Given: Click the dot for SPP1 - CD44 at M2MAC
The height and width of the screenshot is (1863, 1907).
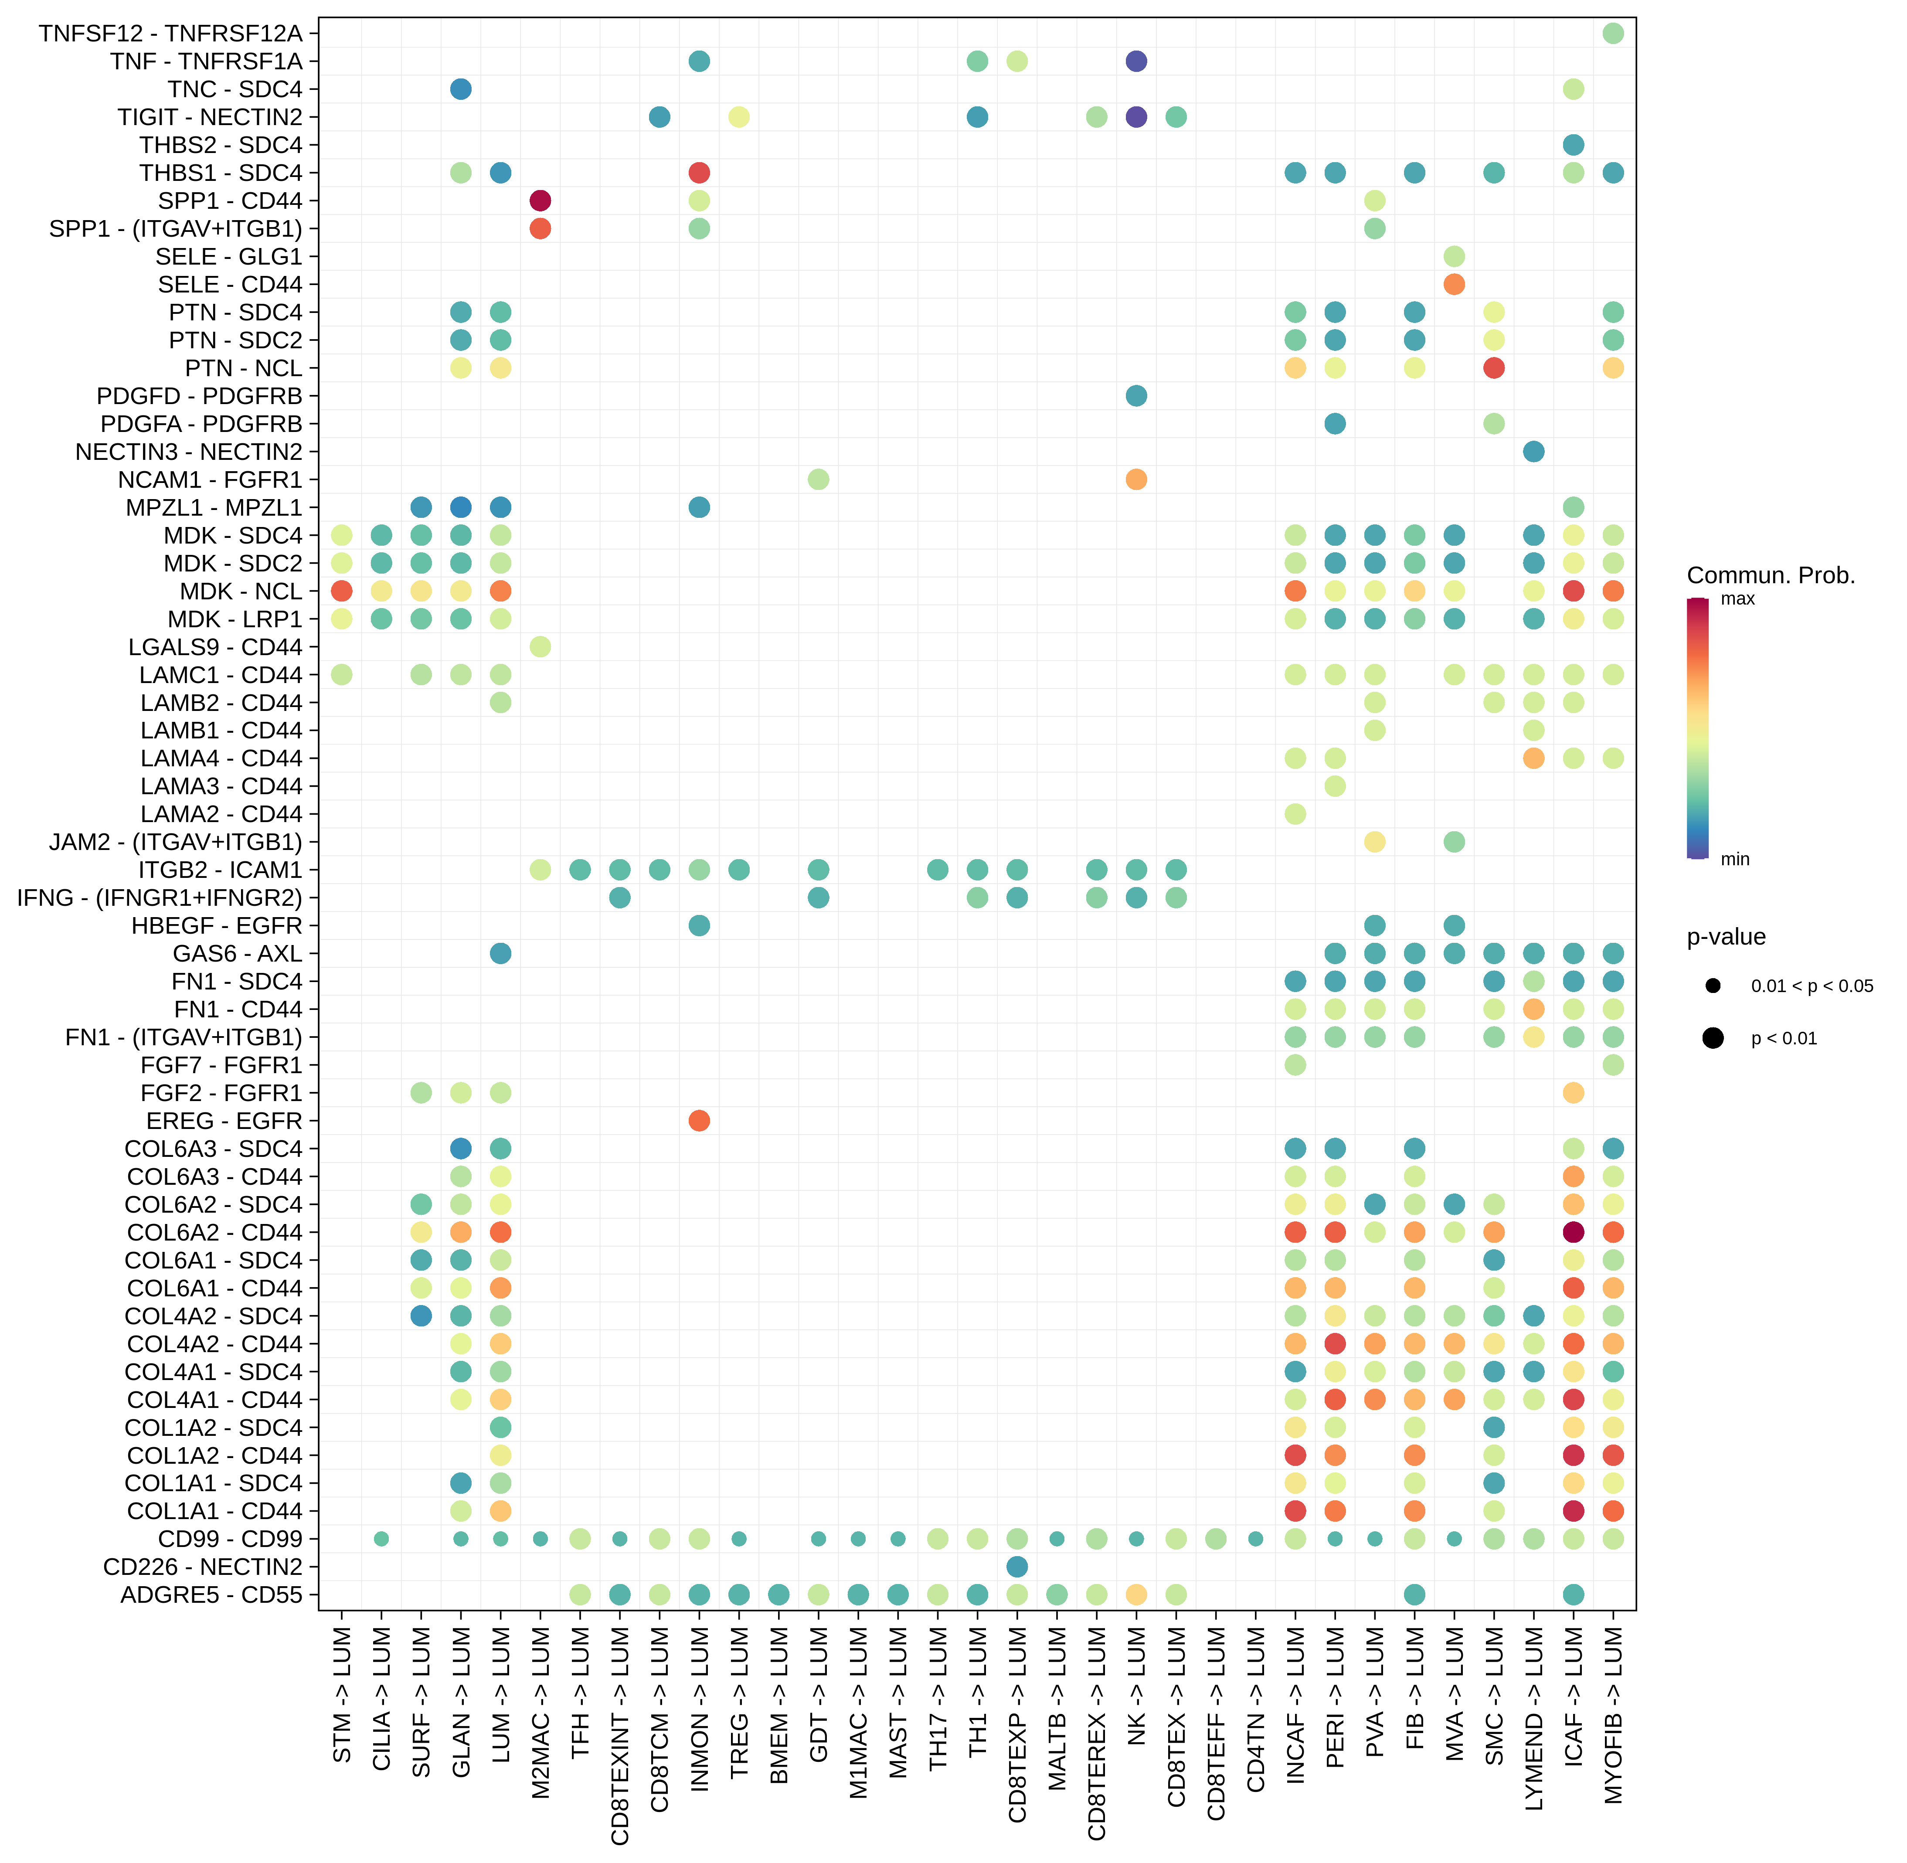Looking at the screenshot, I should click(540, 201).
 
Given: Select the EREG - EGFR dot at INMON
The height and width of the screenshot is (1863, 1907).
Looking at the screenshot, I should click(699, 1120).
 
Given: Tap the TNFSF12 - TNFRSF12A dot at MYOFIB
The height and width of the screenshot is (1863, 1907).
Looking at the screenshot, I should click(1614, 33).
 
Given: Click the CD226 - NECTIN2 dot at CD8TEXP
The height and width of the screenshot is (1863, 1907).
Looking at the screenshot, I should click(1016, 1567).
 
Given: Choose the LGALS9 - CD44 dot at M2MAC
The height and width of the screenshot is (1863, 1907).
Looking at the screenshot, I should click(540, 647).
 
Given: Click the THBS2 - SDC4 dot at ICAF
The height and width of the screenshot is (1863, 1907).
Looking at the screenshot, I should click(1574, 145).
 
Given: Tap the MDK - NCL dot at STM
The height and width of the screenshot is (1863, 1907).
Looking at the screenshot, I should click(341, 591).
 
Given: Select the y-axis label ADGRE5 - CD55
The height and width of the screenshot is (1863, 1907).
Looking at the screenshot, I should click(211, 1595).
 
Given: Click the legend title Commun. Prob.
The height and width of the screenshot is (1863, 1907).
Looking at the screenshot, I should click(1770, 575).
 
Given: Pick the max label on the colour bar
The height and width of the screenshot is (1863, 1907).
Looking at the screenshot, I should click(1738, 599).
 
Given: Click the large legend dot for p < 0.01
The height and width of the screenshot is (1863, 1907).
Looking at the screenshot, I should click(1712, 1038).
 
